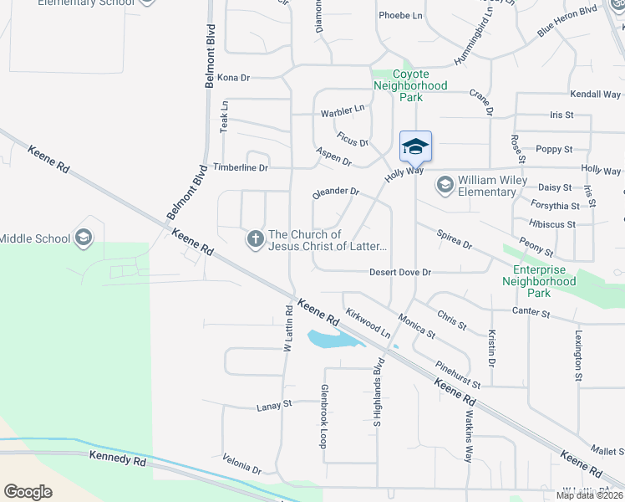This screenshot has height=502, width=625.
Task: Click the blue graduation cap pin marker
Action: [x=415, y=147]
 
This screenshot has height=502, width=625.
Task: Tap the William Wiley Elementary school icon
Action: [x=445, y=185]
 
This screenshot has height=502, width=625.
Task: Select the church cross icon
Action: [x=255, y=240]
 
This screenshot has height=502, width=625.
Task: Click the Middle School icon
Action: [x=83, y=238]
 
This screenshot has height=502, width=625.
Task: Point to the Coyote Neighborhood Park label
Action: [x=410, y=85]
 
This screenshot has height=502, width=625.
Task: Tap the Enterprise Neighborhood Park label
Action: [x=539, y=281]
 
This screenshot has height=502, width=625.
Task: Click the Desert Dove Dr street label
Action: [x=400, y=273]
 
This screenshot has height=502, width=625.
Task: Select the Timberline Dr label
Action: [x=240, y=167]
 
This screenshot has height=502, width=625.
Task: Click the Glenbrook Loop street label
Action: [x=323, y=417]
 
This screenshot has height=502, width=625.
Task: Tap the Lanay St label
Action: [x=273, y=406]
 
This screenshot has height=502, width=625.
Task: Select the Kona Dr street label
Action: [x=233, y=78]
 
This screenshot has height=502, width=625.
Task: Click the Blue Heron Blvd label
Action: [x=567, y=22]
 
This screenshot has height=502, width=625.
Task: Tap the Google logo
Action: [x=28, y=492]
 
